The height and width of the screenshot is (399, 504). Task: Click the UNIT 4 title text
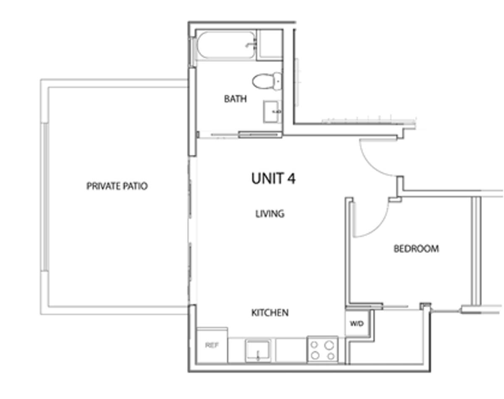[x=273, y=178]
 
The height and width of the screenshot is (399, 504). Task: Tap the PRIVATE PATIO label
[x=117, y=186]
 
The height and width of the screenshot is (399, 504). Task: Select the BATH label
[x=235, y=99]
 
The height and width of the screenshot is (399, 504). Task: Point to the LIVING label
[x=270, y=214]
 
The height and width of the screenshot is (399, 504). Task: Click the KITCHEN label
[x=270, y=313]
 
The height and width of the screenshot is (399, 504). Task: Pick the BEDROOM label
[x=416, y=249]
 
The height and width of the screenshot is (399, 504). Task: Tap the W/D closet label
[x=357, y=324]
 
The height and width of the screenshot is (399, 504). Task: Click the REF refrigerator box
[x=212, y=345]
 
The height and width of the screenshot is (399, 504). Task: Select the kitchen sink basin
[x=258, y=351]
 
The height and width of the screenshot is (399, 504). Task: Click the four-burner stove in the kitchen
[x=323, y=350]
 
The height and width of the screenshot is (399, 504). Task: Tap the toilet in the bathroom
[x=267, y=81]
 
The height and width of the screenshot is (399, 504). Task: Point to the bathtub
[x=226, y=45]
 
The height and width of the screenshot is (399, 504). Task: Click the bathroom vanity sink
[x=272, y=112]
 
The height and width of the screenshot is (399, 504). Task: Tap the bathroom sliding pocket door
[x=260, y=135]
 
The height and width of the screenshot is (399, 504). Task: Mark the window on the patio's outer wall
[x=45, y=197]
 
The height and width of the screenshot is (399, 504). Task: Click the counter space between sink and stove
[x=291, y=350]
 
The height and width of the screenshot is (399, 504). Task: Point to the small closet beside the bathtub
[x=270, y=45]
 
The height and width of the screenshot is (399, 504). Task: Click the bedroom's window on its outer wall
[x=476, y=251]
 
